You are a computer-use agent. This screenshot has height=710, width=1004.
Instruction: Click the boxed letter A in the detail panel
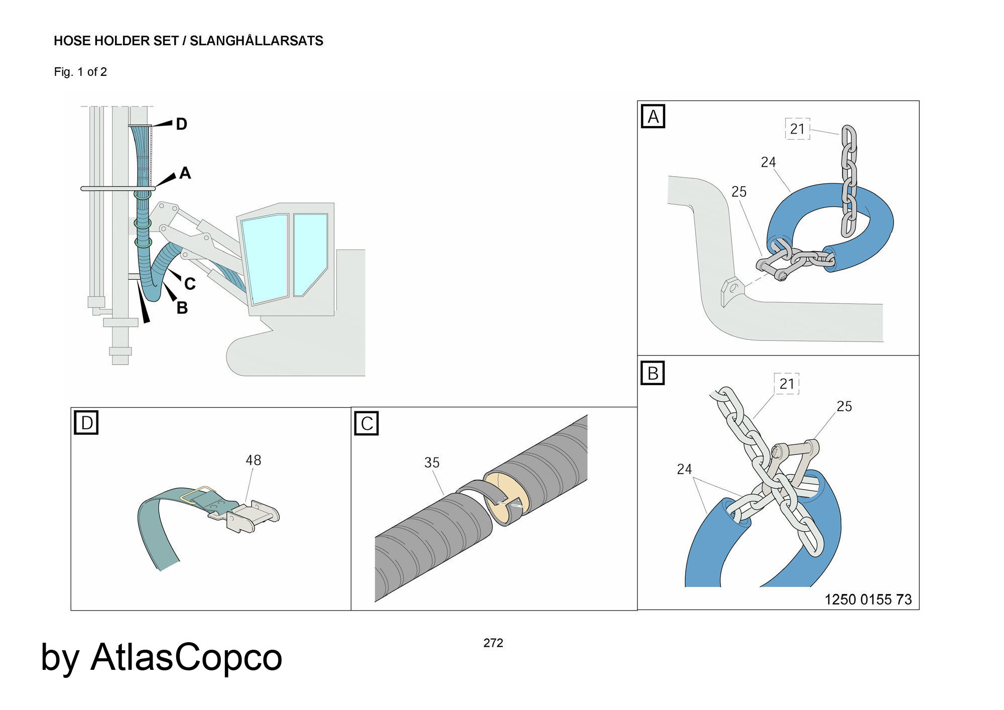tap(653, 116)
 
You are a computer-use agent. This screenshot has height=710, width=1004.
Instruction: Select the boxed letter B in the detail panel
tap(653, 373)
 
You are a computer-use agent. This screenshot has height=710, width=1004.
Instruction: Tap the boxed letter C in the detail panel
tap(366, 423)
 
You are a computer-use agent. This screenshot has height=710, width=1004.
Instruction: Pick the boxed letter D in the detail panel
tap(86, 422)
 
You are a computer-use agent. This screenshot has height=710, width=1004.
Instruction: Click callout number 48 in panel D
tap(253, 460)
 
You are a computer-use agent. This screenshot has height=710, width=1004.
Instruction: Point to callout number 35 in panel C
tap(432, 462)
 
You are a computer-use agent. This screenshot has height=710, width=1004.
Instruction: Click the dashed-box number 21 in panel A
tap(797, 129)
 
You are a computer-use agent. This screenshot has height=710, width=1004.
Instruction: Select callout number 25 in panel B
tap(844, 406)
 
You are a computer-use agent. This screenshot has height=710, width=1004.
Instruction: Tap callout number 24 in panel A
tap(768, 162)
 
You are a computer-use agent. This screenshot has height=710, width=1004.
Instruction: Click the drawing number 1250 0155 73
tap(868, 599)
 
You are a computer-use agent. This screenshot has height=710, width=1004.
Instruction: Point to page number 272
tap(493, 643)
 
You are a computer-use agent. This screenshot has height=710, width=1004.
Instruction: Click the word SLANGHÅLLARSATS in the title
tap(256, 41)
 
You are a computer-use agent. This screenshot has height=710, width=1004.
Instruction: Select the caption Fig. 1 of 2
tap(80, 72)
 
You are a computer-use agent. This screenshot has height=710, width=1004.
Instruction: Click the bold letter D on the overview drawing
tap(181, 124)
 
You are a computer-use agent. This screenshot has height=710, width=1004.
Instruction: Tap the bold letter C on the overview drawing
tap(189, 284)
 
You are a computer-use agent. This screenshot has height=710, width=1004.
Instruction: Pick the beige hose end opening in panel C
tap(507, 492)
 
